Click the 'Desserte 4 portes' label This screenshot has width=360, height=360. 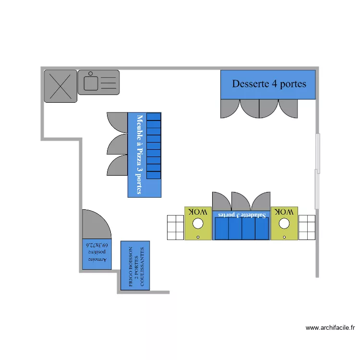(x=269, y=84)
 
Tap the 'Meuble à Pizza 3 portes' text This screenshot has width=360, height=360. (x=140, y=154)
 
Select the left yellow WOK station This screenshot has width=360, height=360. (x=198, y=223)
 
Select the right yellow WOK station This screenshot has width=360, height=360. (x=284, y=223)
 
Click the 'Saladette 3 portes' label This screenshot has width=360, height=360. (x=241, y=215)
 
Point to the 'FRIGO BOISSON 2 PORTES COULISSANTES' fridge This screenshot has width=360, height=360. (x=135, y=265)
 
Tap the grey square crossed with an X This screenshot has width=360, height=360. (x=60, y=86)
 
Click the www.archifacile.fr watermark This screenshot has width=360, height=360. (x=330, y=328)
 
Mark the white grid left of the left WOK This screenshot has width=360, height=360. (x=175, y=228)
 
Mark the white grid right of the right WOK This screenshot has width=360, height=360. (x=307, y=228)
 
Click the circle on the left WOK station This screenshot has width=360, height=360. (x=197, y=223)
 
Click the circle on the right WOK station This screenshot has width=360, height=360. (x=284, y=223)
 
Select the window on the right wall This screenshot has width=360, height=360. (x=317, y=171)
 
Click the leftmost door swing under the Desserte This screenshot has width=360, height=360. (x=230, y=108)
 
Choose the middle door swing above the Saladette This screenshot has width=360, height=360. (x=241, y=201)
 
